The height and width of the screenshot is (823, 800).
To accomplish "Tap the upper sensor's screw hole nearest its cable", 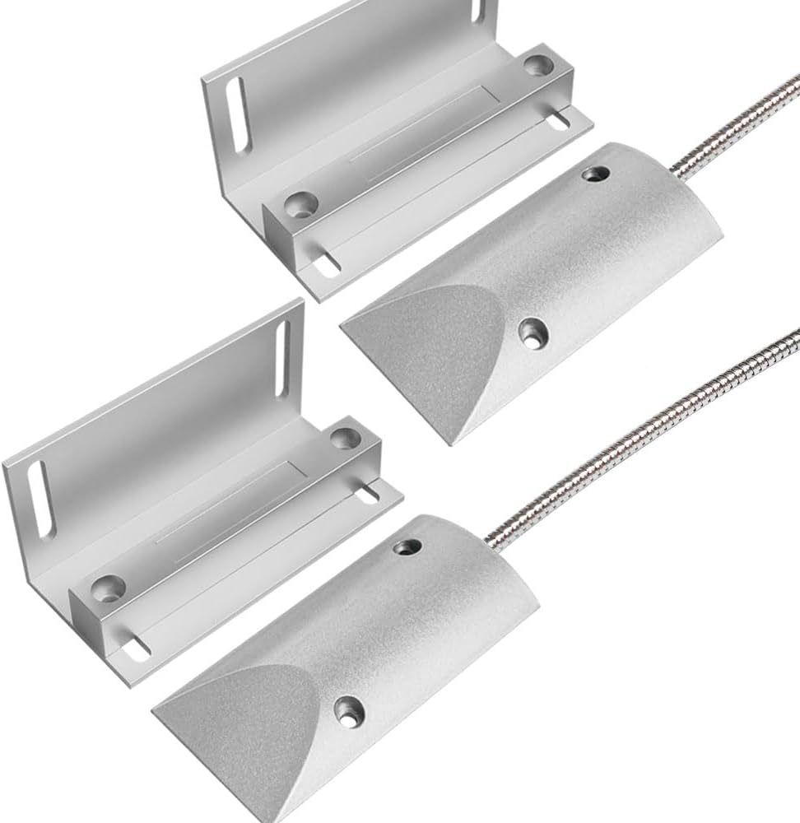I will click(596, 174).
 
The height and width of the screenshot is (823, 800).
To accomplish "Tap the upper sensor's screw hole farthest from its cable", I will click(533, 332).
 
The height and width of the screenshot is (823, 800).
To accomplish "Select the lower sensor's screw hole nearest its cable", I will click(406, 546).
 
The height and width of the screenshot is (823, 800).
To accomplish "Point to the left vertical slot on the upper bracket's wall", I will click(238, 115).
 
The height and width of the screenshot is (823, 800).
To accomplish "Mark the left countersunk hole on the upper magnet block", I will click(302, 205).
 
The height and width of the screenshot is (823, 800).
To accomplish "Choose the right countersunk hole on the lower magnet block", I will click(347, 438).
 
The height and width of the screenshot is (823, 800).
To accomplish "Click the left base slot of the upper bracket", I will click(325, 265).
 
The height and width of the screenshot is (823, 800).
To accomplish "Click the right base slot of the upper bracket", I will click(559, 120).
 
